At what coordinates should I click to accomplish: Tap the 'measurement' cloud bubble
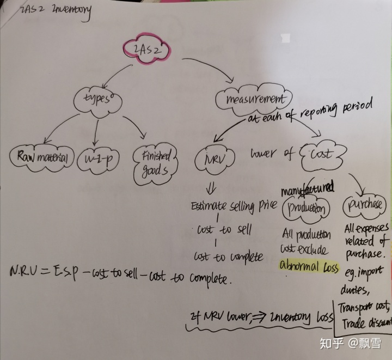coord(252,100)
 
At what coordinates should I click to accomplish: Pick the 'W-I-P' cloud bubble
coord(100,158)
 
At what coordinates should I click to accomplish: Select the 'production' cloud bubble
coord(307,208)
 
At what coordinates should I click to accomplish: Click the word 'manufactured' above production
coord(307,190)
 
